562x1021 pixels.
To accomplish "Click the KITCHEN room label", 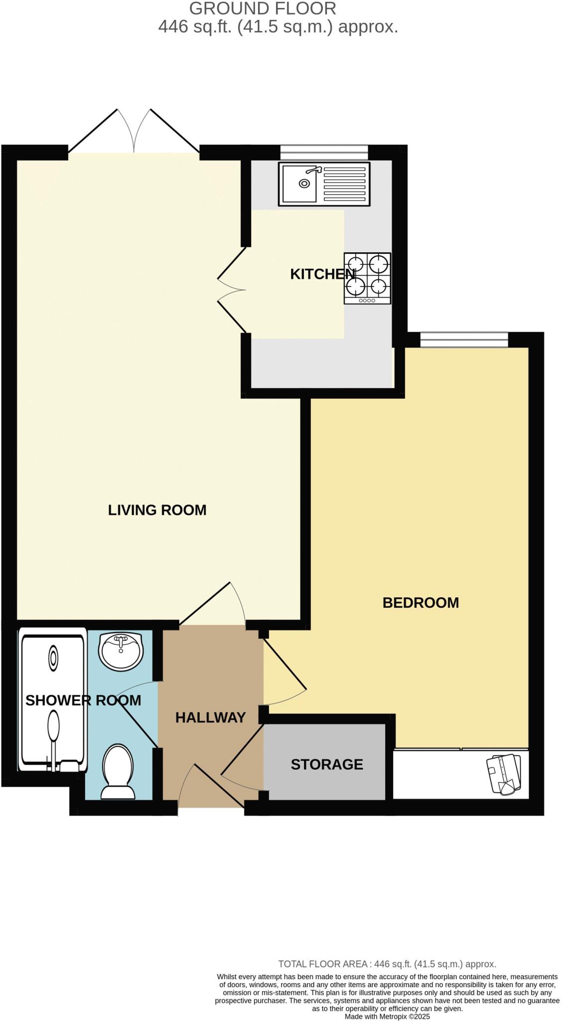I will pos(322,274).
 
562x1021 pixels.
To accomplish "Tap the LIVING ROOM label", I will pos(157,510).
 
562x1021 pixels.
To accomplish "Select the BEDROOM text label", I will pos(420,602).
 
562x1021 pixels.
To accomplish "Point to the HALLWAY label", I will pos(210,717).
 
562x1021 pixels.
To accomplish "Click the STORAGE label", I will pos(326,764).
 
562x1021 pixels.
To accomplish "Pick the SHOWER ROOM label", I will pos(83,700).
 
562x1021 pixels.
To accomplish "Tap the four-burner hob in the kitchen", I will pos(367,278).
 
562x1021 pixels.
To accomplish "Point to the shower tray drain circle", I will pos(53,658).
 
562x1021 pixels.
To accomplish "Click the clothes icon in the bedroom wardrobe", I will pos(505,774).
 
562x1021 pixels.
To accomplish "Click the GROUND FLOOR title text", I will pos(263,8).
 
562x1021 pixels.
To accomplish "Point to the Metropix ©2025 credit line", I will pos(387,1016).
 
